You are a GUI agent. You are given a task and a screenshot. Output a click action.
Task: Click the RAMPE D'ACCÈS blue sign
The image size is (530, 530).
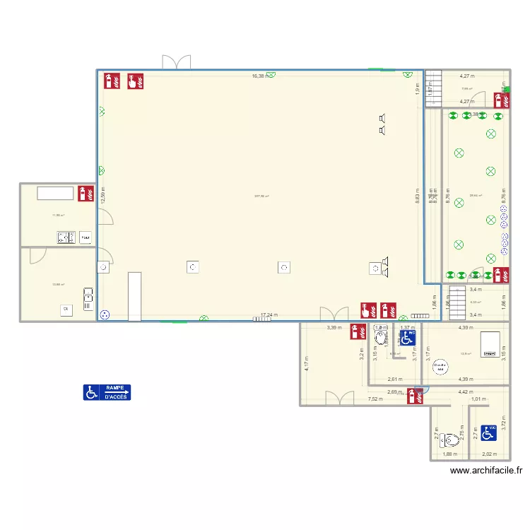107,392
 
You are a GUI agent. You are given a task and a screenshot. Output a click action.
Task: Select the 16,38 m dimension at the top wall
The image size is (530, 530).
259,76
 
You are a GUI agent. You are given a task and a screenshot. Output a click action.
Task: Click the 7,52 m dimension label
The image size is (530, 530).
376,399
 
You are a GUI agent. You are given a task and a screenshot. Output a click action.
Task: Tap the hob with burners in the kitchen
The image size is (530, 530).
66,237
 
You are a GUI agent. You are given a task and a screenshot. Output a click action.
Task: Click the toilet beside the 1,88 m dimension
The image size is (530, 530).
447,442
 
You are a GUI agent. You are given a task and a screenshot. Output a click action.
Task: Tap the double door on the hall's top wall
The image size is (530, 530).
177,62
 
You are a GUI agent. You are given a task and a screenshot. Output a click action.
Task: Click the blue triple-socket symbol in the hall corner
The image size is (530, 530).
106,314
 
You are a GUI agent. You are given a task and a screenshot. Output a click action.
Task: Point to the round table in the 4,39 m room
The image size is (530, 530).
440,367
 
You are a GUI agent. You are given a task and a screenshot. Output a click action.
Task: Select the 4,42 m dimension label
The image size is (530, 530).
466,391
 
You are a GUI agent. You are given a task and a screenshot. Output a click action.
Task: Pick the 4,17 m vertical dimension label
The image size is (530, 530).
307,364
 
